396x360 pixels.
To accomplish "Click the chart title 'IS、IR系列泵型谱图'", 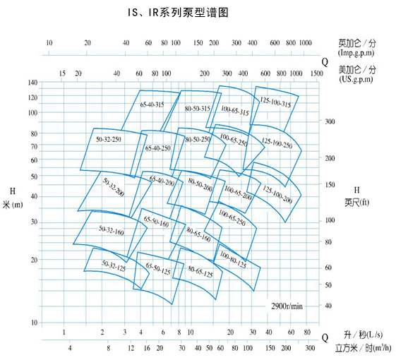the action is click(178, 13).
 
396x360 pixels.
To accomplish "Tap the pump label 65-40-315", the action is click(152, 104).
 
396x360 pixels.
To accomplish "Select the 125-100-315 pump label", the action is click(275, 102).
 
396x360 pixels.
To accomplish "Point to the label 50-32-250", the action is click(109, 139).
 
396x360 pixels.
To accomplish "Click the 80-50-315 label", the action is click(198, 109).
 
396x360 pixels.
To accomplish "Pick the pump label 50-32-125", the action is click(114, 266).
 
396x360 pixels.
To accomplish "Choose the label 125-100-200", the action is click(277, 195).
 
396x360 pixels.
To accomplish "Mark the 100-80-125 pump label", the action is click(233, 260).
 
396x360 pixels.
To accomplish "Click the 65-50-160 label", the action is click(156, 222).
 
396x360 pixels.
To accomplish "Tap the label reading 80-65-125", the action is click(200, 272).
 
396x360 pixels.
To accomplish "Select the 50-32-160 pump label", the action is click(111, 230).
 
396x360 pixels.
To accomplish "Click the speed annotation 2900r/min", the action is click(287, 306).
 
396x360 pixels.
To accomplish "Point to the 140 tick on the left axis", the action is click(32, 83).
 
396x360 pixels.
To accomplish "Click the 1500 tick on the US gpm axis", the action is click(316, 73).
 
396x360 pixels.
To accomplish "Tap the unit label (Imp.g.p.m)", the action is click(356, 53).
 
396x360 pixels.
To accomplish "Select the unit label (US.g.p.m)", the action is click(356, 79).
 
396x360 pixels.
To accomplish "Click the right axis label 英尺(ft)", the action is click(357, 203).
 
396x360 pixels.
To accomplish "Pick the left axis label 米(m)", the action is click(13, 205).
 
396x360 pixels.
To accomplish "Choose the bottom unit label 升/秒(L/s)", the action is click(363, 335).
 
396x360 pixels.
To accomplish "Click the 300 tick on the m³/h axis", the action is click(310, 348).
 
